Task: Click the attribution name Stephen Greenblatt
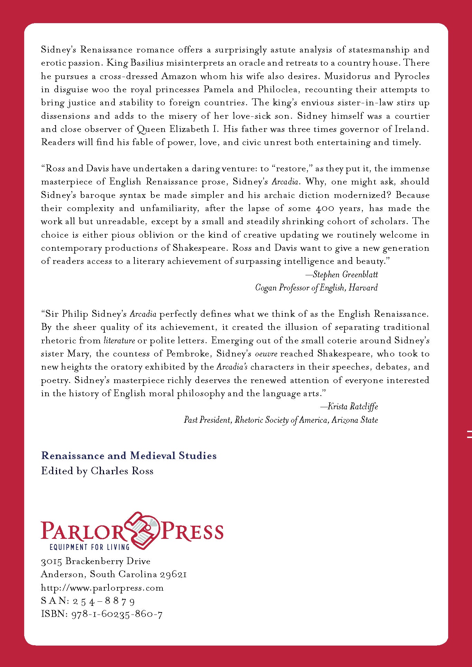(345, 275)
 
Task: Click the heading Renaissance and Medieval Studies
(129, 456)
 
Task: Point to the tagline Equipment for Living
(89, 547)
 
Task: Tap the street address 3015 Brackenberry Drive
(96, 561)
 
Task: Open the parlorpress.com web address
(102, 588)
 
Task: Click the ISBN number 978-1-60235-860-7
(117, 614)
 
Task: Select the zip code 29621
(173, 574)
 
